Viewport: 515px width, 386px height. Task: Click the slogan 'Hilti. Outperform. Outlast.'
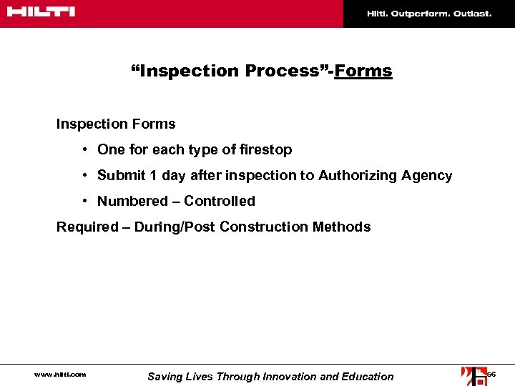click(x=429, y=14)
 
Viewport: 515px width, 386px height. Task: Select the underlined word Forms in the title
click(x=363, y=71)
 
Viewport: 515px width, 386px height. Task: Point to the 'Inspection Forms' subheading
click(x=116, y=124)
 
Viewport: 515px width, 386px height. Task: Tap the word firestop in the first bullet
click(x=265, y=149)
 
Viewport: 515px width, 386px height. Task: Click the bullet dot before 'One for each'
click(x=84, y=149)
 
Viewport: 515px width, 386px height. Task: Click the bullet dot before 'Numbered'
click(x=84, y=201)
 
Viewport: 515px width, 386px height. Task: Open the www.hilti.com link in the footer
click(x=60, y=375)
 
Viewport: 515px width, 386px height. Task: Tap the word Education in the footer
click(x=368, y=376)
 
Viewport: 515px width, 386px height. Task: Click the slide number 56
click(x=491, y=375)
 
